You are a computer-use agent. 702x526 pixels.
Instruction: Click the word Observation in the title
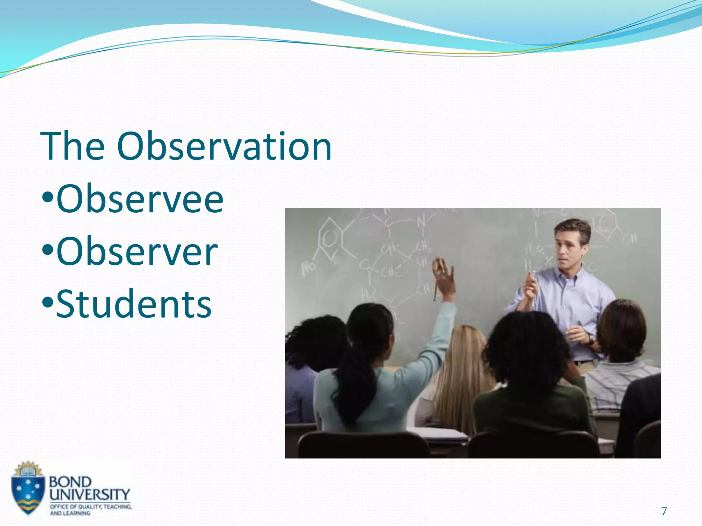225,147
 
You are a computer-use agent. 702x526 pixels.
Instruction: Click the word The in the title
73,147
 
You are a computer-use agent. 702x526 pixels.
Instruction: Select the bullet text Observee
140,199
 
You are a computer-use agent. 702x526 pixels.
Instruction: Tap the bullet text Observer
137,252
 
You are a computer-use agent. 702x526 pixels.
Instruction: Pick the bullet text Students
134,304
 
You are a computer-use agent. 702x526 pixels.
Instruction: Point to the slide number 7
664,511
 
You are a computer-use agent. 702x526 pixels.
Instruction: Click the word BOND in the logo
70,482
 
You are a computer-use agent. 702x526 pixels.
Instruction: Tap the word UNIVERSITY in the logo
90,494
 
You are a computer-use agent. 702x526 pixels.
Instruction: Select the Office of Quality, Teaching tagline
90,506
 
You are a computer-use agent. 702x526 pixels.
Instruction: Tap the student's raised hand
444,274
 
